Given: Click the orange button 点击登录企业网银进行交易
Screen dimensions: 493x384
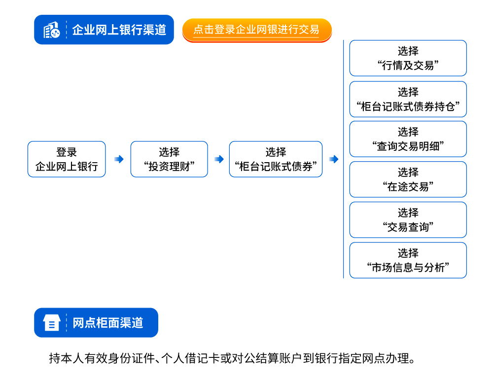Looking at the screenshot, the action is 257,30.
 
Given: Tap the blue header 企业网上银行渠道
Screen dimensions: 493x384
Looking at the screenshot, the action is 104,30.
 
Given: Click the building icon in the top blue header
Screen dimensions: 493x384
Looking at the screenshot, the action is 52,30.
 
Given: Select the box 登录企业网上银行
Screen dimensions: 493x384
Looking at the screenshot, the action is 67,159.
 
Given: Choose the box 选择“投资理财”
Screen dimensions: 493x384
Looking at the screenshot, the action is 169,159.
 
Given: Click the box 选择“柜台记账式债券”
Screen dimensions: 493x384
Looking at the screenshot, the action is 276,159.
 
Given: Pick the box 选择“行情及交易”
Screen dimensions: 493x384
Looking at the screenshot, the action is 408,58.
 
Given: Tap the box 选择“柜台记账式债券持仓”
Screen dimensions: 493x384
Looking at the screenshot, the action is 408,100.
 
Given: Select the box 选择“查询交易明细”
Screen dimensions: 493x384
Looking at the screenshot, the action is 408,139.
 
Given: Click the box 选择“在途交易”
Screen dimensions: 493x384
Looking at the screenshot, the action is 408,179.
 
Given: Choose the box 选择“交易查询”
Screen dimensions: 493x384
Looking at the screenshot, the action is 408,220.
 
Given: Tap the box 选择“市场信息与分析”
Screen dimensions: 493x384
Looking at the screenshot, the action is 408,260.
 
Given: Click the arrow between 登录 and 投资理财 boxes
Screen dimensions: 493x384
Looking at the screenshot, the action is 119,159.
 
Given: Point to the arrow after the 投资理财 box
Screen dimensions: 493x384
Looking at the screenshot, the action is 219,159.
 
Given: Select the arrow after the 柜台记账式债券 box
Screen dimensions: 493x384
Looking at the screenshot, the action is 334,159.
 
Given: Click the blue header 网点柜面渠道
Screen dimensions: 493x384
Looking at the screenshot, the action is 96,323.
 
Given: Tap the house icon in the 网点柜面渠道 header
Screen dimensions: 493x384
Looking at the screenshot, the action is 52,323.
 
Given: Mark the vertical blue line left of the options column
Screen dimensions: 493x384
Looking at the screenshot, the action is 343,159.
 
